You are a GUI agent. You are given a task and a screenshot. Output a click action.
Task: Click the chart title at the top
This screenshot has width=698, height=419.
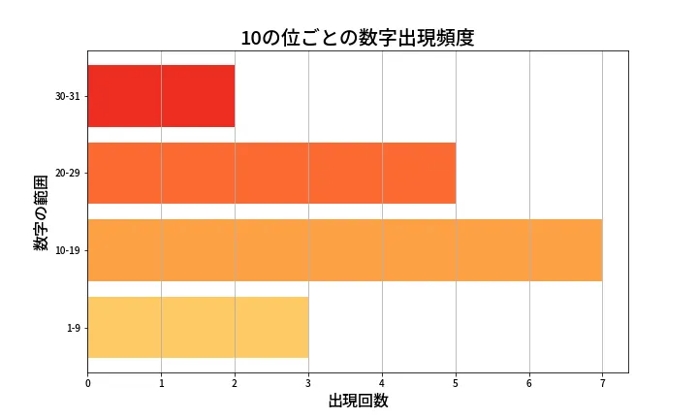tap(358, 38)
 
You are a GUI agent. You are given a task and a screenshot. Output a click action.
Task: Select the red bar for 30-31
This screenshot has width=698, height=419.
tap(161, 96)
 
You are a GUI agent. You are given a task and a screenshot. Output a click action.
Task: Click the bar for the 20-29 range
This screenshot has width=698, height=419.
tap(271, 173)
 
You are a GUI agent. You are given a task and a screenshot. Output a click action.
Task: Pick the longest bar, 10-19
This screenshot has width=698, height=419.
tap(344, 250)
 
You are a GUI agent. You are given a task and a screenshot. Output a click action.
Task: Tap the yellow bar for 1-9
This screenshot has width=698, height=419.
tap(198, 327)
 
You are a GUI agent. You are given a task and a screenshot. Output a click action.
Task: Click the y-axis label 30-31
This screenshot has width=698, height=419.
tap(68, 96)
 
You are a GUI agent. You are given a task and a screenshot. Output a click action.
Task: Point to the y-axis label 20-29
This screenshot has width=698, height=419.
tap(68, 173)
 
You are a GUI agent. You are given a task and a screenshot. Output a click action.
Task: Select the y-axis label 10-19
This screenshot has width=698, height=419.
tap(68, 250)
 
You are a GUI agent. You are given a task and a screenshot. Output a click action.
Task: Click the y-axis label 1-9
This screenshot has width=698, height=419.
tap(73, 328)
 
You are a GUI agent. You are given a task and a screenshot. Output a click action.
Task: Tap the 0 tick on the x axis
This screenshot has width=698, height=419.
tap(87, 384)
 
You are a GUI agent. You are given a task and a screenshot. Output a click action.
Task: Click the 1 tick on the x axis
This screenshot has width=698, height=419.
tap(161, 384)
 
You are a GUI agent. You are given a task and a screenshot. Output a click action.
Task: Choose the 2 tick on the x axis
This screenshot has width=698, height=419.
tap(235, 384)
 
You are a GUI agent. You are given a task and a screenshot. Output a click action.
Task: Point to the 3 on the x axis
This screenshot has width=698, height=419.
tap(308, 384)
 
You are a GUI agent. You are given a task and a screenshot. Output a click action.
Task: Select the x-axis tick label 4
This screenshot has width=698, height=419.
tap(382, 384)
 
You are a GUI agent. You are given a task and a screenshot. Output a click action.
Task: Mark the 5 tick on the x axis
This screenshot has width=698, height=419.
tap(456, 384)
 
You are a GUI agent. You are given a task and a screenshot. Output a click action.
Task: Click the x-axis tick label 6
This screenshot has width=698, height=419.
tap(529, 384)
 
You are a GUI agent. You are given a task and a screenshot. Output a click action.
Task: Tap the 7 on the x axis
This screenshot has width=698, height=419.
tap(602, 384)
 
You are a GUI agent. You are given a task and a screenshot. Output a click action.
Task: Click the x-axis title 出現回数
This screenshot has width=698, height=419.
tap(358, 402)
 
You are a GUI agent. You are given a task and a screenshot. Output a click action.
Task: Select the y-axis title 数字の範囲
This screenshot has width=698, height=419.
tap(41, 212)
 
